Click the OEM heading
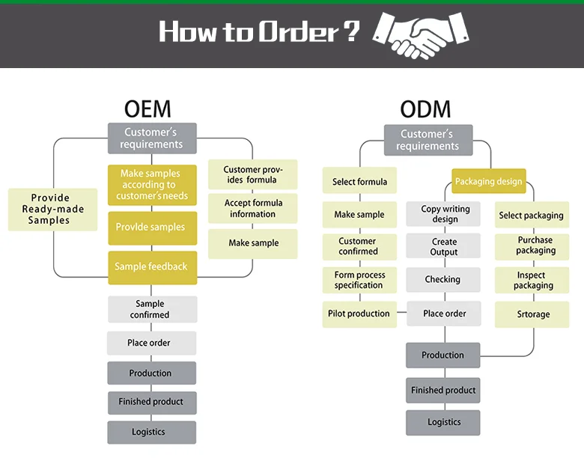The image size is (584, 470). coord(147,109)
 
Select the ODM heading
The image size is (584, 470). coord(425,109)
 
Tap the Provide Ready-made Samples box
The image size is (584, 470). coord(52,210)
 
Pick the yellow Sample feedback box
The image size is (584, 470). coord(152,267)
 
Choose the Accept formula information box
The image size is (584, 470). coord(252,209)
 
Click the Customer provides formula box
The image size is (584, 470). coord(252,175)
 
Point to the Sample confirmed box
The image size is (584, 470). coord(152,309)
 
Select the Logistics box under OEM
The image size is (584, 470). coord(152,432)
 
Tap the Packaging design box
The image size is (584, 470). coord(489,182)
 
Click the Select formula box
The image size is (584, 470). coord(359,182)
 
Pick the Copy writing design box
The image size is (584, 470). coord(444,214)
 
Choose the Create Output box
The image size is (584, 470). coord(444,247)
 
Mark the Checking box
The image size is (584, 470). coord(443,280)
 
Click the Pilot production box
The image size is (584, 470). coord(359,314)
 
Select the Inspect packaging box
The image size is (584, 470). coord(532,281)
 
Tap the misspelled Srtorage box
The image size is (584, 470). coord(532,314)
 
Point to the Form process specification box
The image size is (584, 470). coord(359,281)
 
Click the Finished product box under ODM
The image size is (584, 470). coord(443,390)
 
